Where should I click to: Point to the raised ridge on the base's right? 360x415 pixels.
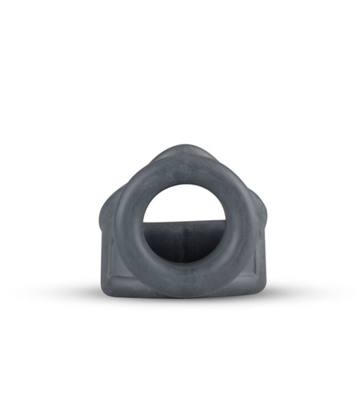(x=256, y=260)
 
